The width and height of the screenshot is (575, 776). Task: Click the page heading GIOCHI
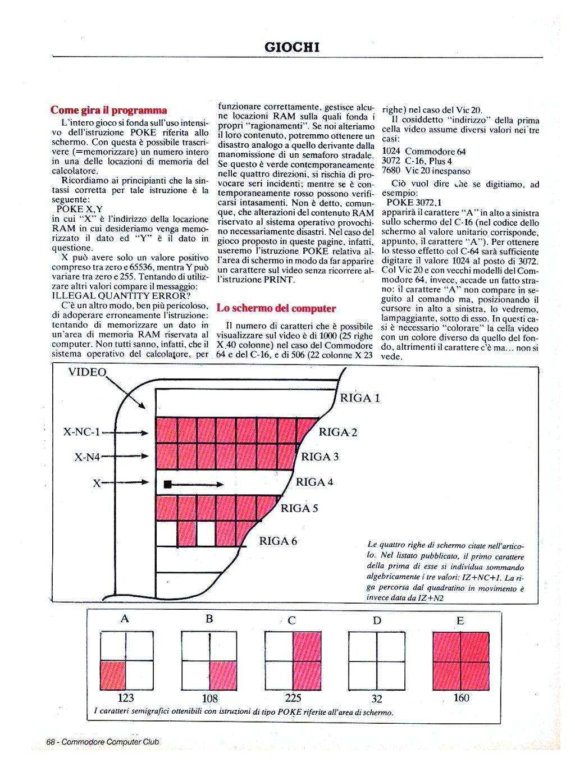click(291, 47)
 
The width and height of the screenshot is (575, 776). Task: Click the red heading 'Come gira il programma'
click(108, 110)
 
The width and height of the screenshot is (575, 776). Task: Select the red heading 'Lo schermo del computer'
click(276, 308)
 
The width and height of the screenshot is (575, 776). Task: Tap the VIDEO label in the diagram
click(86, 372)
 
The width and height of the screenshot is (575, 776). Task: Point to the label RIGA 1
click(360, 398)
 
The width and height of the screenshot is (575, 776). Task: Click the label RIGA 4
click(314, 482)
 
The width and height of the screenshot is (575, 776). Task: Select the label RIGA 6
click(278, 541)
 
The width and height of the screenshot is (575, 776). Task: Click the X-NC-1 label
click(81, 432)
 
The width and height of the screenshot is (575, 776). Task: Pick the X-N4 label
click(87, 457)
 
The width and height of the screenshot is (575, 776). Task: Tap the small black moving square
click(167, 483)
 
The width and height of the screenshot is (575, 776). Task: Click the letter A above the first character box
click(125, 619)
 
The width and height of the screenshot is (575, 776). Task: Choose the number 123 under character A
click(126, 698)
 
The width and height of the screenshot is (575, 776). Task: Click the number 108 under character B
click(209, 699)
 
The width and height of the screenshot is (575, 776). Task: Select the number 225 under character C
click(293, 698)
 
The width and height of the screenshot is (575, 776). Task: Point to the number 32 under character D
click(377, 699)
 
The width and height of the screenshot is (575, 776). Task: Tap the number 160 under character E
click(461, 698)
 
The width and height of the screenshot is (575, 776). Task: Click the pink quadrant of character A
click(113, 675)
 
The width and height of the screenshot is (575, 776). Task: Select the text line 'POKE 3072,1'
click(414, 203)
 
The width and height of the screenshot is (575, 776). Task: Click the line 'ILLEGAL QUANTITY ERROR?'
click(121, 295)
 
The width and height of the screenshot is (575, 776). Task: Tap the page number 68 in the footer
click(51, 742)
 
